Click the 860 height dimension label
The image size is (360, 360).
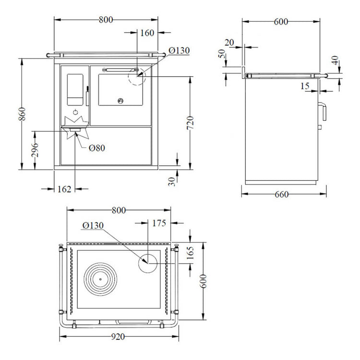tap(22, 114)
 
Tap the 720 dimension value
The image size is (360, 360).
tap(191, 123)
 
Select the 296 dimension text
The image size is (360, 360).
tap(35, 150)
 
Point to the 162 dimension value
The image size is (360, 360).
tap(64, 189)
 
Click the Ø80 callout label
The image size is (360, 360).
tap(97, 148)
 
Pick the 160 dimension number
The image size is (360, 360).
tap(147, 33)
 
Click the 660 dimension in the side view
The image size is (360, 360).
tap(282, 195)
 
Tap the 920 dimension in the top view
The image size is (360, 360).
tap(118, 337)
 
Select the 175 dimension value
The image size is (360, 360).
tap(159, 223)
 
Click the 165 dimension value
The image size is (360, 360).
tap(191, 253)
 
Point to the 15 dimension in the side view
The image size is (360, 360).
tap(305, 86)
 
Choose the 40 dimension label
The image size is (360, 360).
tap(335, 60)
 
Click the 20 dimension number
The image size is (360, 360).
tap(229, 43)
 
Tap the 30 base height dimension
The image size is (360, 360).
tap(171, 181)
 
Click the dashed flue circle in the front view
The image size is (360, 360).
tap(137, 76)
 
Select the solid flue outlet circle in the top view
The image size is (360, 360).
tap(148, 263)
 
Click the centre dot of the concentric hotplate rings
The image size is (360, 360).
tap(100, 279)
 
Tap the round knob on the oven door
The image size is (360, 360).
tap(120, 100)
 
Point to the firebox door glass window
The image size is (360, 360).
tap(75, 90)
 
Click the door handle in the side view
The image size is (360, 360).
tap(322, 111)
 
